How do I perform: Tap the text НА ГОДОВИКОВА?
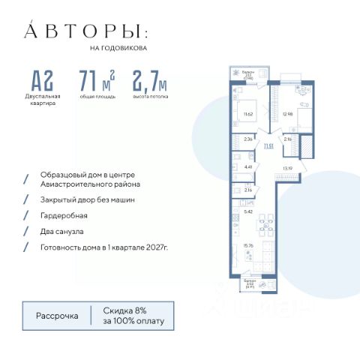pyautogui.click(x=118, y=49)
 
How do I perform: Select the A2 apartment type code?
pyautogui.click(x=43, y=80)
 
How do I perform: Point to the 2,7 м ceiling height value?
pyautogui.click(x=150, y=80)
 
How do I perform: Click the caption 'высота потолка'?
pyautogui.click(x=151, y=97)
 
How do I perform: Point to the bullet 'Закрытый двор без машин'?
pyautogui.click(x=88, y=199)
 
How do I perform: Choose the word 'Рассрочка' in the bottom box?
pyautogui.click(x=57, y=316)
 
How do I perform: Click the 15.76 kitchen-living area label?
pyautogui.click(x=247, y=244)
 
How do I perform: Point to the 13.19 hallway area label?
pyautogui.click(x=286, y=169)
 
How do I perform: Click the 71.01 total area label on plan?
pyautogui.click(x=268, y=147)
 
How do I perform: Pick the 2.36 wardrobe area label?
pyautogui.click(x=248, y=138)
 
